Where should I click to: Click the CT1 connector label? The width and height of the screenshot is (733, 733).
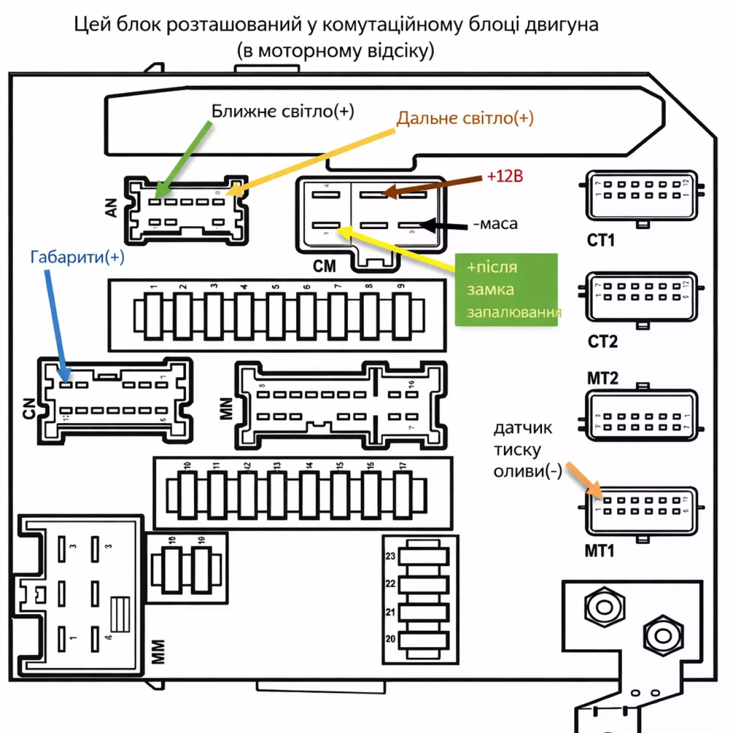point(601,240)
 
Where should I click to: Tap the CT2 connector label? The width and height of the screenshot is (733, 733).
point(602,342)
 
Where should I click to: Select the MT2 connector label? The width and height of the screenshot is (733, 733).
point(602,378)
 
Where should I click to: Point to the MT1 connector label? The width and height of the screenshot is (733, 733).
point(600,550)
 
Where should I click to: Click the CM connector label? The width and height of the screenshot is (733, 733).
point(324,266)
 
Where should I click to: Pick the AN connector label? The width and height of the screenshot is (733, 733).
point(111,208)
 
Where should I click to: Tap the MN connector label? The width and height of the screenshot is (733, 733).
point(226,408)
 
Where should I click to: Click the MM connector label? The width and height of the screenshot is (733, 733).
point(158,652)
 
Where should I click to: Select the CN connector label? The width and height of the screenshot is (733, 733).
point(29,408)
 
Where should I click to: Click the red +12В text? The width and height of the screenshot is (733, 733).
point(505,176)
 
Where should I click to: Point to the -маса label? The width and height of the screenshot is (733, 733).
point(495,224)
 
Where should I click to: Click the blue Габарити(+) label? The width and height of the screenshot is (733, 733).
point(77,257)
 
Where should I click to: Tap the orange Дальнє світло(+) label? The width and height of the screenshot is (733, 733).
point(465,118)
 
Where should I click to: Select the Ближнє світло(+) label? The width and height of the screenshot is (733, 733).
point(282,111)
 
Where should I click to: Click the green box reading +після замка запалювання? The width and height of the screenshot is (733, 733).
point(506,290)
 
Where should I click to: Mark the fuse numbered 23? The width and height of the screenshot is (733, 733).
point(424,557)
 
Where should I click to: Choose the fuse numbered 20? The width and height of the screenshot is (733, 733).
point(424,640)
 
